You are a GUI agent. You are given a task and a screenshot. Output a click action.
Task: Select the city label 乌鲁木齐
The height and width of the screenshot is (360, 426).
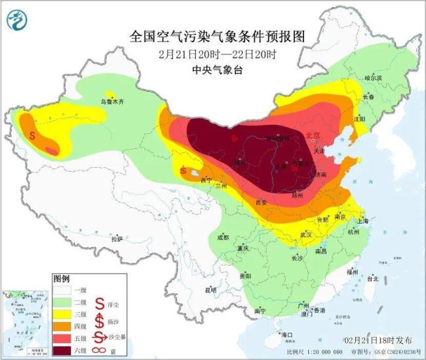pyautogui.click(x=112, y=102)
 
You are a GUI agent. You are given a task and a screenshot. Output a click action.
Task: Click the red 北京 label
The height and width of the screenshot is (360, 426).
pyautogui.click(x=313, y=136)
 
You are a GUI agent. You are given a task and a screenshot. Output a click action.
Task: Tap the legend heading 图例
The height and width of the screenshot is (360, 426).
pyautogui.click(x=61, y=278)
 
